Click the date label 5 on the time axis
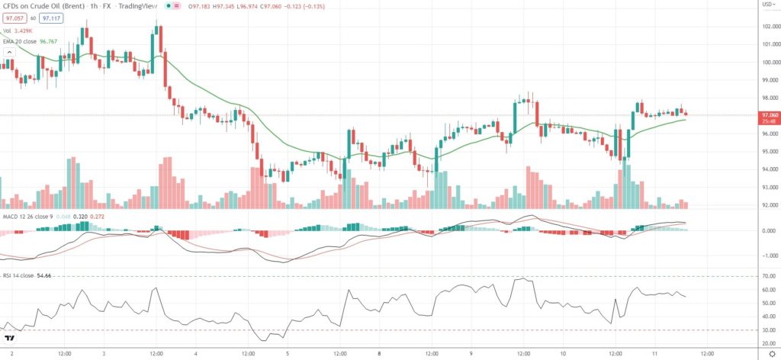click(x=287, y=354)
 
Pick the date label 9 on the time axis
click(x=471, y=354)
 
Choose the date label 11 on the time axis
click(x=655, y=354)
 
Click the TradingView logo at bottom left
click(x=11, y=338)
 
